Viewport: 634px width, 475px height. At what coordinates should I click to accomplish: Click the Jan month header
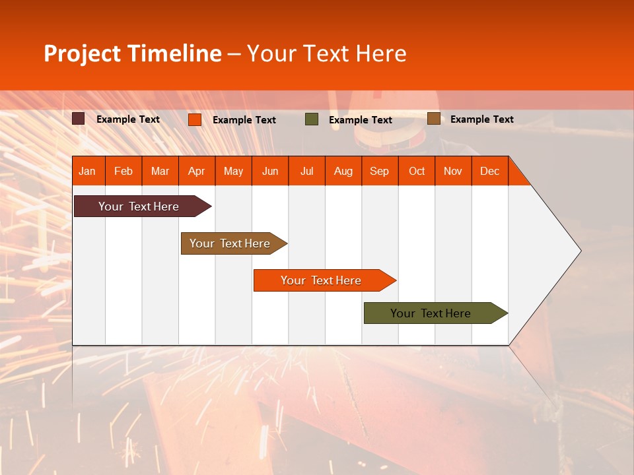88,171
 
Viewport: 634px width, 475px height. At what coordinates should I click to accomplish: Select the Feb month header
123,171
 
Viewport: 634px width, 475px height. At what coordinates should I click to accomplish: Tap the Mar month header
160,171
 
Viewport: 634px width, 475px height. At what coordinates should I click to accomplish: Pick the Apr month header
197,171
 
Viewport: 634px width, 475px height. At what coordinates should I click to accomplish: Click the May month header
233,171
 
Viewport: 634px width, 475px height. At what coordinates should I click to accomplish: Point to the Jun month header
270,171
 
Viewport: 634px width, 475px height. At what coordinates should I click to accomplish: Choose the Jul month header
306,171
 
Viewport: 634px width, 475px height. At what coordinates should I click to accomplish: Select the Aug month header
343,171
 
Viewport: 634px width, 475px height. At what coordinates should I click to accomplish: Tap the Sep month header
380,171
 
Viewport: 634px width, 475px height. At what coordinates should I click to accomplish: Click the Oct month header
417,171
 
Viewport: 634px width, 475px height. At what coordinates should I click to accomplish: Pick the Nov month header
453,171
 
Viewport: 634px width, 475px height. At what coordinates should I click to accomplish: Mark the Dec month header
490,171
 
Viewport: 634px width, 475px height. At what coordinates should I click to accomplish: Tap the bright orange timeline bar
322,280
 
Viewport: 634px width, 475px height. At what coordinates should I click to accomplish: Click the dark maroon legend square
79,119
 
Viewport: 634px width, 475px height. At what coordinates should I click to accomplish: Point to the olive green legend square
312,119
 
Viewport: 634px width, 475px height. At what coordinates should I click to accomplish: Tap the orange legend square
195,119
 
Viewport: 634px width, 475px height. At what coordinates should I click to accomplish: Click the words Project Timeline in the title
133,53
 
